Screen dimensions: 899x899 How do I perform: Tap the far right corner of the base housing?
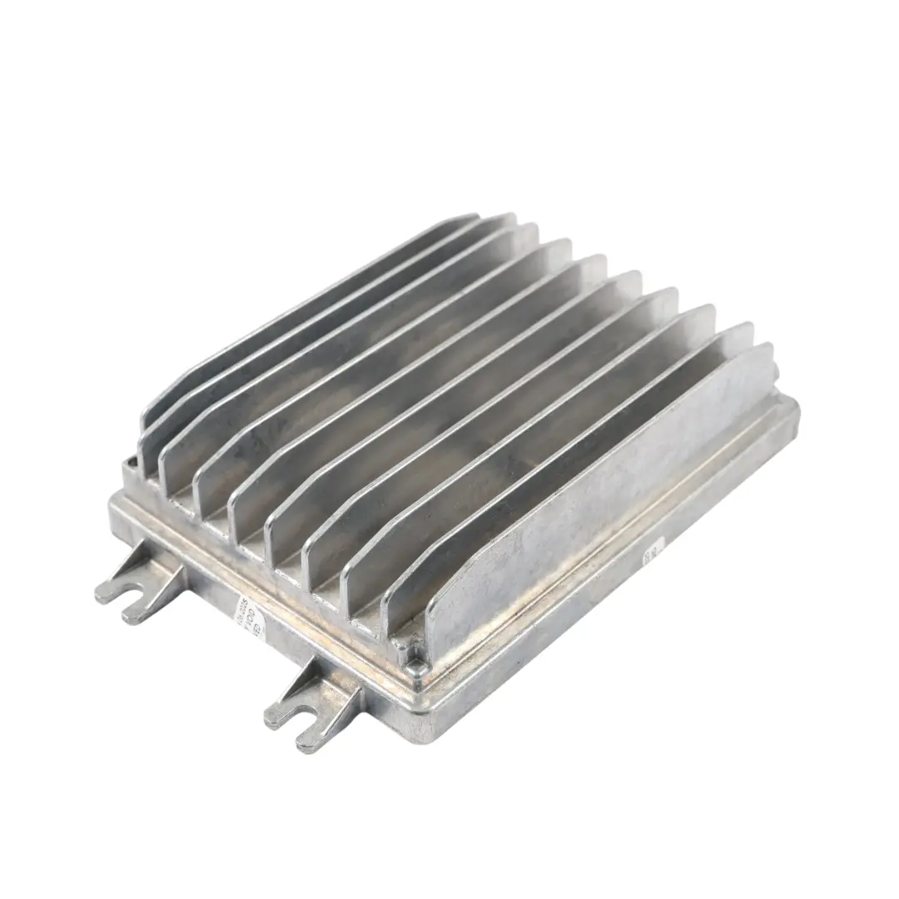[x=791, y=408]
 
